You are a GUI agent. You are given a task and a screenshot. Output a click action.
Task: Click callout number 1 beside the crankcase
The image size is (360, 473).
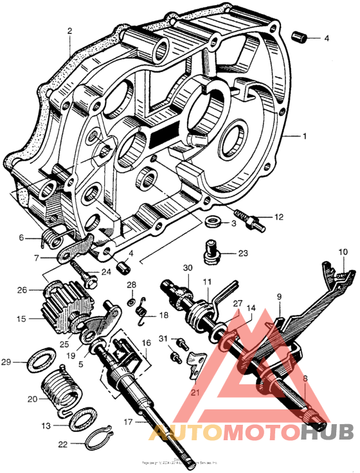(x=305, y=136)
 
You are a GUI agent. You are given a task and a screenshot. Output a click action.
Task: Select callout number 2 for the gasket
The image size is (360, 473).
(x=69, y=30)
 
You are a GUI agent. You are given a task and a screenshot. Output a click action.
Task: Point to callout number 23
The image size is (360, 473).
(x=243, y=253)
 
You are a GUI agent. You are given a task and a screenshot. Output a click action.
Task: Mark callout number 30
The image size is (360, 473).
(x=188, y=268)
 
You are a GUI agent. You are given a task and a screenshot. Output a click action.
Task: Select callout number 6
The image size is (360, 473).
(x=21, y=238)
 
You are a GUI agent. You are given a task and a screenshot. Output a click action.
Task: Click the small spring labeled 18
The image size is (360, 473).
(x=143, y=314)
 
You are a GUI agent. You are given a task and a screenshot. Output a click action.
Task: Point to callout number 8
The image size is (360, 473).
(x=305, y=379)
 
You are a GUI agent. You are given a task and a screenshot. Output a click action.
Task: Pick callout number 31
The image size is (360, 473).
(x=163, y=339)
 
